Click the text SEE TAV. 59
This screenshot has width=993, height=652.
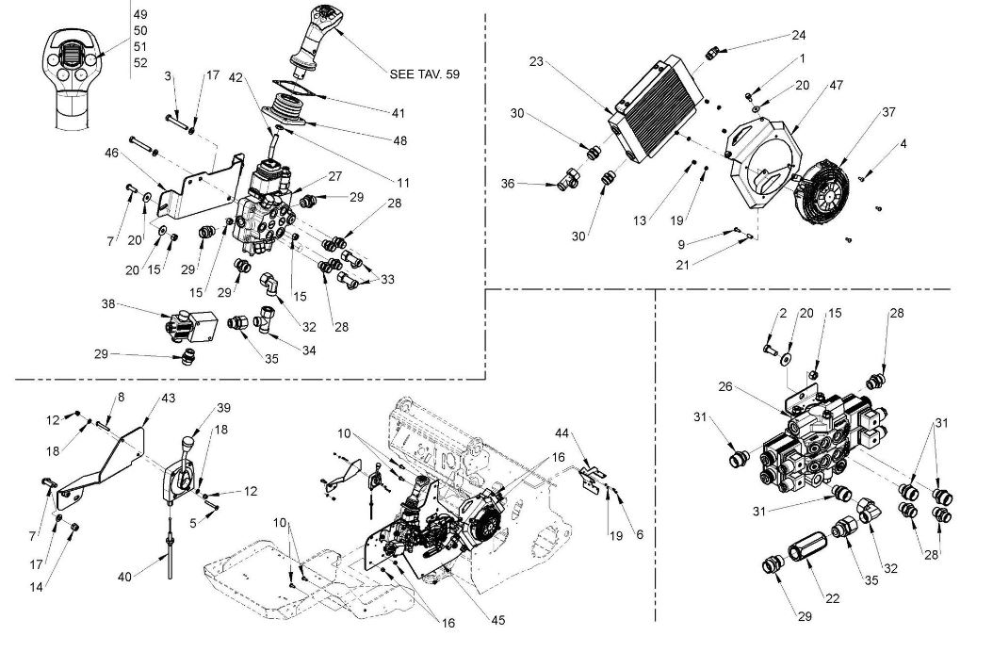coord(424,74)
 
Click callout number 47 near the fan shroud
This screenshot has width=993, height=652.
coord(836,85)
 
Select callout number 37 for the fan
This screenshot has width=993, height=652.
coord(888,112)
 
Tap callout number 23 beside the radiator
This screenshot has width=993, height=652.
coord(536,61)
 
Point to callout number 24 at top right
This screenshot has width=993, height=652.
coord(798,35)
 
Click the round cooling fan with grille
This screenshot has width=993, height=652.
coord(822,190)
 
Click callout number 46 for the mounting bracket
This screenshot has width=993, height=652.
coord(112,153)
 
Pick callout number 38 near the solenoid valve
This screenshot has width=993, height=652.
coord(108,304)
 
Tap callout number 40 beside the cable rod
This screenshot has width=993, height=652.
coord(124,578)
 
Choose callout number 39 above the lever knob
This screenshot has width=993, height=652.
coord(223,407)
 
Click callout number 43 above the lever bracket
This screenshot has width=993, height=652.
coord(168,398)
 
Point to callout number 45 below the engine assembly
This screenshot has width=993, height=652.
coord(498,620)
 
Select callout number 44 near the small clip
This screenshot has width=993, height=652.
coord(562,433)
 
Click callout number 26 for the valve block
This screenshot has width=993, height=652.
coord(725,386)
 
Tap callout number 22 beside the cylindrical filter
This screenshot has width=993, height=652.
coord(832,599)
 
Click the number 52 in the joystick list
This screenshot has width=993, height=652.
coord(140,63)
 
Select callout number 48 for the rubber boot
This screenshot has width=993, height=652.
coord(399,140)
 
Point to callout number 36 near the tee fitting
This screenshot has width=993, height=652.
coord(508,183)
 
